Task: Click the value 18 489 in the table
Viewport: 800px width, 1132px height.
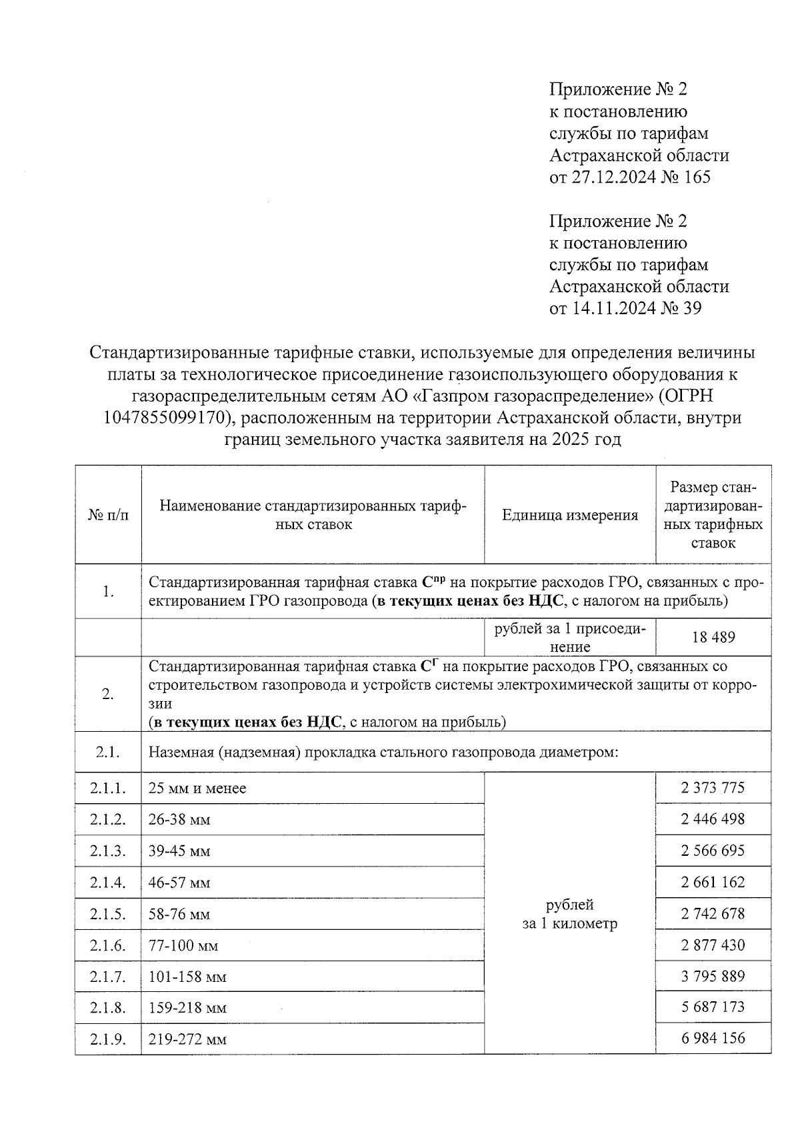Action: [x=713, y=637]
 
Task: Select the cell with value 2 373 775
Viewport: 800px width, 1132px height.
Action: [x=713, y=788]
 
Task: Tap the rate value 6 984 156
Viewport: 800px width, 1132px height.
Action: [x=713, y=1038]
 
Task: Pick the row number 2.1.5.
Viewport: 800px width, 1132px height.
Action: [x=108, y=914]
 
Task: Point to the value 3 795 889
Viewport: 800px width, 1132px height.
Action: [x=713, y=976]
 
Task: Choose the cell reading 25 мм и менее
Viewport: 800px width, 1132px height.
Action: [x=197, y=788]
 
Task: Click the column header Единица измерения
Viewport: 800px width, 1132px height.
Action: [x=569, y=514]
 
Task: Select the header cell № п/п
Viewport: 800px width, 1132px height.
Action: [x=108, y=515]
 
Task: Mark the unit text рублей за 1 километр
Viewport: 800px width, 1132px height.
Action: [x=569, y=914]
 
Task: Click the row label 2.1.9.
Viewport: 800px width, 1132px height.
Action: [x=108, y=1039]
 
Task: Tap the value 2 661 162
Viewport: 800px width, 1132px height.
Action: [x=713, y=882]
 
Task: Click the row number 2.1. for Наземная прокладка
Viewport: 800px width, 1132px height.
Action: [x=108, y=752]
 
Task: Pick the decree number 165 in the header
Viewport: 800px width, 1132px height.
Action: [x=697, y=177]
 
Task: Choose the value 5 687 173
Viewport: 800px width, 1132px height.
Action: [x=713, y=1007]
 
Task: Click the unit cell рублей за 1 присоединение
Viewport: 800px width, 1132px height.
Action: [x=569, y=637]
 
